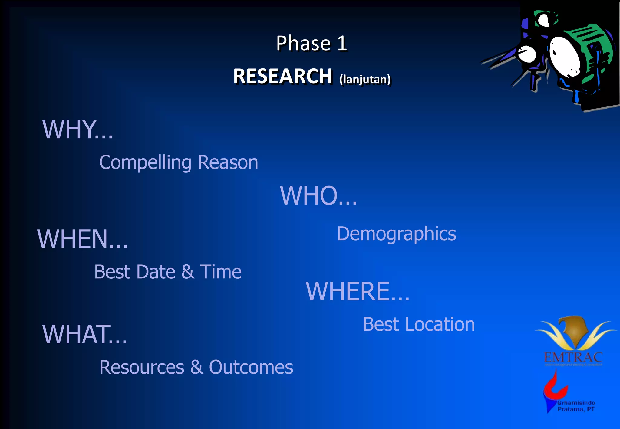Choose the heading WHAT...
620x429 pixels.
[x=84, y=334]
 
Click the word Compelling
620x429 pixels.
[x=145, y=163]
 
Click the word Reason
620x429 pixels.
[x=228, y=162]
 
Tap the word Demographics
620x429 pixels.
[x=396, y=234]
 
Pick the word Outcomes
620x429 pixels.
[x=251, y=367]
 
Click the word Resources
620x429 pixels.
[x=142, y=367]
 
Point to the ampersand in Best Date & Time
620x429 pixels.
[x=188, y=272]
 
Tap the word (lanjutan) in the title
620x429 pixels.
[x=365, y=79]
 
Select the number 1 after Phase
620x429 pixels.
[x=342, y=43]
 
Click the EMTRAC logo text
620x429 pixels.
[x=573, y=358]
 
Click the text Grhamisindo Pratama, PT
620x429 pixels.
[x=576, y=406]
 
